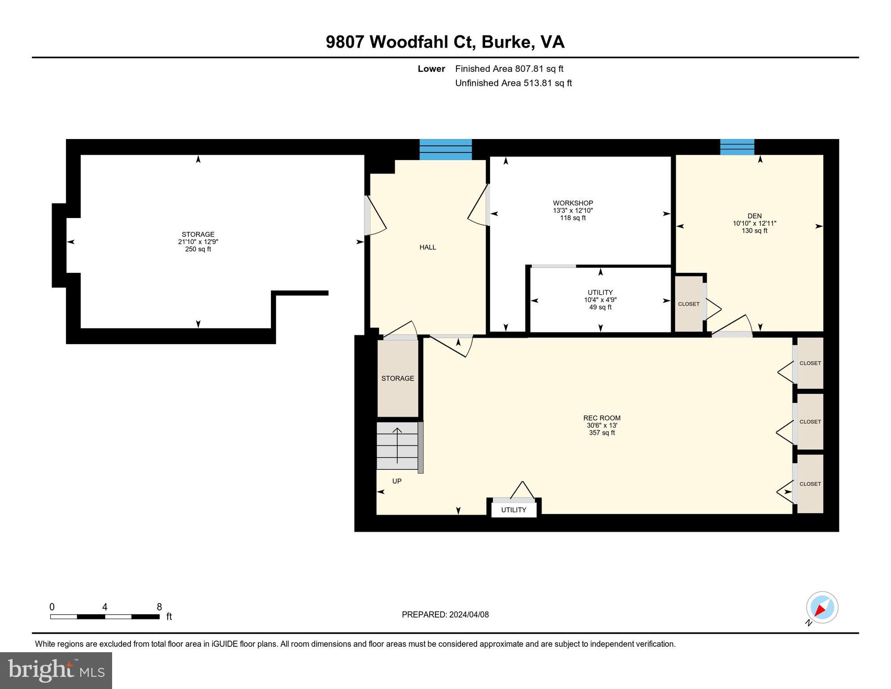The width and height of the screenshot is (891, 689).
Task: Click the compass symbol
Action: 822,608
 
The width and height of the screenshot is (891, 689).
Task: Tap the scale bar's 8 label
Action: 159,607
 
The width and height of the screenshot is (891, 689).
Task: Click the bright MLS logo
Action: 56,670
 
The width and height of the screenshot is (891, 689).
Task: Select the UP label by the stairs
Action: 397,481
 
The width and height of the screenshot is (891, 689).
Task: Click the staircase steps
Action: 397,446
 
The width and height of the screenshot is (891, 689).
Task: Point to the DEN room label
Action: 754,216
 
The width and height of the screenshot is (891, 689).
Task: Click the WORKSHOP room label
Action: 573,203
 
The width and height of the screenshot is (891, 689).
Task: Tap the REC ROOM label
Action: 602,418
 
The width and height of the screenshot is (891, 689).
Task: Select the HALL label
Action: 427,247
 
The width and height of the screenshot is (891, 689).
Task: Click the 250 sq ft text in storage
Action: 198,249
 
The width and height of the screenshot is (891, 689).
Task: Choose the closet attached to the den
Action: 689,304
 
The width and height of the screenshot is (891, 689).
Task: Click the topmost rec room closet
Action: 810,363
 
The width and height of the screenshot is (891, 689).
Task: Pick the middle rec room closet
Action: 810,422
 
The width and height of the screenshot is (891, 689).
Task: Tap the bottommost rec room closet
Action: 810,484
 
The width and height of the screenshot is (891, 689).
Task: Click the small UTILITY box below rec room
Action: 513,510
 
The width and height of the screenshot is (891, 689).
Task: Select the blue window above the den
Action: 737,147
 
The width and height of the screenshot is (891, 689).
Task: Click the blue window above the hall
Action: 445,149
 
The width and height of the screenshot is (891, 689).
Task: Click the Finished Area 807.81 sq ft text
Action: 509,69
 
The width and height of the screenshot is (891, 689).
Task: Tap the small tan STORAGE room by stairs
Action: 397,378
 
